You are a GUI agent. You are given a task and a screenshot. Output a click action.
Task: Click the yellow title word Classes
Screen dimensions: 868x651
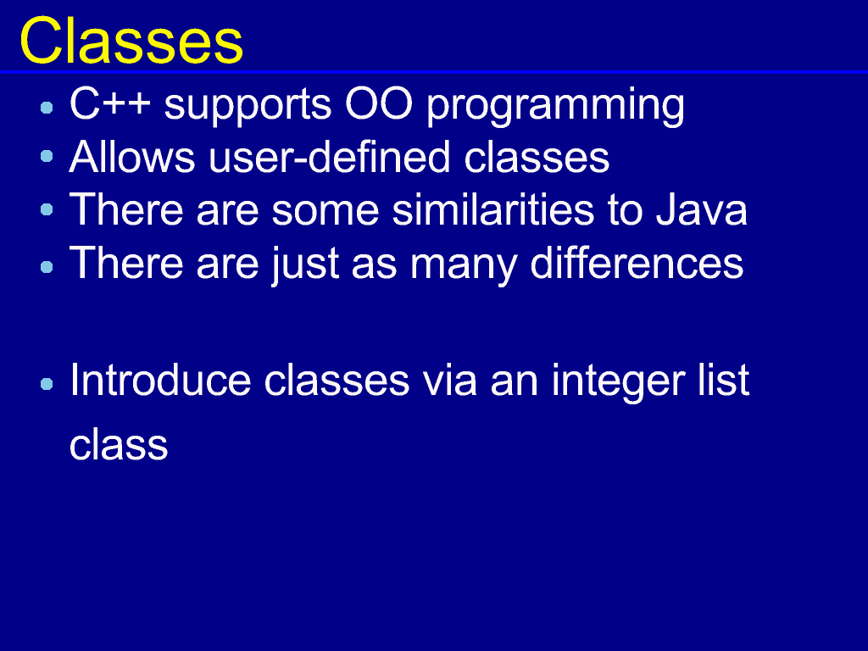pos(131,42)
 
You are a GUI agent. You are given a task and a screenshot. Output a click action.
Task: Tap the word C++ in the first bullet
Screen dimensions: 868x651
pos(110,103)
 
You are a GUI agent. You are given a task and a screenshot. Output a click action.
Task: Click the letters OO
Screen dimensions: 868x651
pos(379,103)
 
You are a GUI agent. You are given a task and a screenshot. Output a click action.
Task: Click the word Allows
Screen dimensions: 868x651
pos(132,157)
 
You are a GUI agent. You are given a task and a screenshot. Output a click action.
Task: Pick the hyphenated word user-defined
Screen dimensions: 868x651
pos(330,157)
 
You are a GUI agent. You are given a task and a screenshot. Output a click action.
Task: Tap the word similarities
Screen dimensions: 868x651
pos(492,210)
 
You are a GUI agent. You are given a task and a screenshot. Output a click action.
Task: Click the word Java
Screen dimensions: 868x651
pos(701,210)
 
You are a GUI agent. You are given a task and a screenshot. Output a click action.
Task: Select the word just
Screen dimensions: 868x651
pos(304,265)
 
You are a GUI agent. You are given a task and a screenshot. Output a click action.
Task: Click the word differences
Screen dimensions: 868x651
pos(637,263)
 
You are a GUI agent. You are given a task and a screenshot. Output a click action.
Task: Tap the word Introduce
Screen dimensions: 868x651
pos(160,380)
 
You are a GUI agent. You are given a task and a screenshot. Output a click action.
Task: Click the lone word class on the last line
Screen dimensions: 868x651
pos(119,444)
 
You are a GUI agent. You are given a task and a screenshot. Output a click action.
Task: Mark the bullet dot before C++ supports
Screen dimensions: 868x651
pos(47,108)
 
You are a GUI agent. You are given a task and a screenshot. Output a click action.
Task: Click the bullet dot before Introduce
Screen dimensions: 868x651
pos(47,384)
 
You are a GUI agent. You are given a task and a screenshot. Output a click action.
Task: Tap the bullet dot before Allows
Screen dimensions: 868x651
pos(47,157)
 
